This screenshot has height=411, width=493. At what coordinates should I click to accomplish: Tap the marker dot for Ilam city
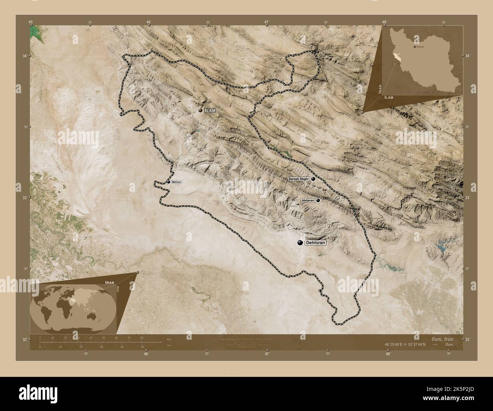(200, 110)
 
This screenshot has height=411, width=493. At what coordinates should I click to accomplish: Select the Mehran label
(176, 182)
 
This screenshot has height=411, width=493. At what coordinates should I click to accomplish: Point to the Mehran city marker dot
(168, 182)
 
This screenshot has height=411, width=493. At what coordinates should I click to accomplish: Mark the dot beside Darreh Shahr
(313, 179)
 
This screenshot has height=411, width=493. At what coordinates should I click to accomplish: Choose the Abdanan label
(308, 200)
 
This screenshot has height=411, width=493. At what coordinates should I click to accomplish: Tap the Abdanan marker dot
(318, 200)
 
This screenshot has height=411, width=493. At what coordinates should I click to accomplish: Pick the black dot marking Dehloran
(300, 243)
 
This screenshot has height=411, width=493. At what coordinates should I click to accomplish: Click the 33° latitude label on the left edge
(25, 198)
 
